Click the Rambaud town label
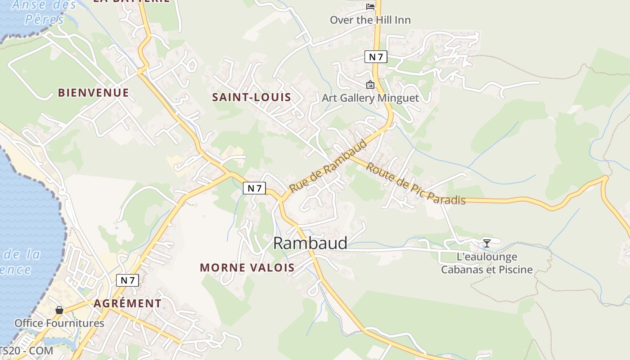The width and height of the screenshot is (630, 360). pyautogui.click(x=310, y=243)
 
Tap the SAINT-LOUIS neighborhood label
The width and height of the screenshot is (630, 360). pyautogui.click(x=252, y=97)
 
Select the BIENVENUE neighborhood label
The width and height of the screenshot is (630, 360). pyautogui.click(x=94, y=93)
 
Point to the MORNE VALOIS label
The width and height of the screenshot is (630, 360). pyautogui.click(x=247, y=267)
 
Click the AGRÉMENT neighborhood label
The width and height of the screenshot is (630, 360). pyautogui.click(x=127, y=303)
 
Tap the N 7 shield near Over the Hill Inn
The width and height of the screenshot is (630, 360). pyautogui.click(x=375, y=57)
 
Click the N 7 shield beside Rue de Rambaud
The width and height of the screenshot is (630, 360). pyautogui.click(x=254, y=188)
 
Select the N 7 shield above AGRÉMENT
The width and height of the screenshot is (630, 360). pyautogui.click(x=127, y=280)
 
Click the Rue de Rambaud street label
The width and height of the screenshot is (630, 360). pyautogui.click(x=328, y=166)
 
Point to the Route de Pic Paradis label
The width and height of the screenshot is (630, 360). pyautogui.click(x=415, y=184)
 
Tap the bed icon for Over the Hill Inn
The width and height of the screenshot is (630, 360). pyautogui.click(x=370, y=6)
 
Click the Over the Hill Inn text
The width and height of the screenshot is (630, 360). pyautogui.click(x=370, y=20)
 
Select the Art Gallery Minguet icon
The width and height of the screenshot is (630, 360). pyautogui.click(x=370, y=85)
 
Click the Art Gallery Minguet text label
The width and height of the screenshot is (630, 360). pyautogui.click(x=370, y=98)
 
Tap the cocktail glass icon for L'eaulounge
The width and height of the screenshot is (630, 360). pyautogui.click(x=486, y=243)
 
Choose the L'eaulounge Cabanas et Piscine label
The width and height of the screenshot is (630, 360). pyautogui.click(x=486, y=263)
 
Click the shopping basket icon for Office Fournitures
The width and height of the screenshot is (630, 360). pyautogui.click(x=59, y=310)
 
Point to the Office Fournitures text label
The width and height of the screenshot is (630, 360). pyautogui.click(x=59, y=323)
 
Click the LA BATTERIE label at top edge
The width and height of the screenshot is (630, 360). pyautogui.click(x=131, y=1)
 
